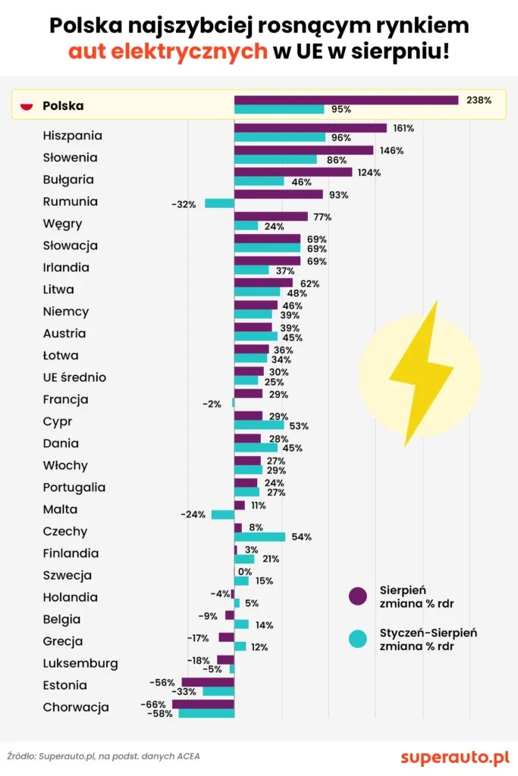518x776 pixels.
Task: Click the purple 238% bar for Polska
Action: click(346, 100)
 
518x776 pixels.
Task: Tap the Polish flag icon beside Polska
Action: click(27, 106)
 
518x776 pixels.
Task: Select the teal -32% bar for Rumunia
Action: click(219, 203)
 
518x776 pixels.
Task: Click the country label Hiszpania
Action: click(72, 136)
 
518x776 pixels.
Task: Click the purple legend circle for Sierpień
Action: click(357, 596)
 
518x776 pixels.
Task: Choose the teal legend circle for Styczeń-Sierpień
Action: click(357, 639)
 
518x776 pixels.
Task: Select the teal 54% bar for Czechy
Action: click(259, 537)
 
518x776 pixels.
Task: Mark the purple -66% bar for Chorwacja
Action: click(203, 704)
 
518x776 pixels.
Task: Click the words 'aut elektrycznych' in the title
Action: click(168, 51)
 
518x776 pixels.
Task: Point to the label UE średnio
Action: click(74, 377)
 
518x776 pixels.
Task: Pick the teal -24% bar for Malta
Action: click(222, 515)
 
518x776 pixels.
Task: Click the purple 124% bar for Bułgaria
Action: click(293, 172)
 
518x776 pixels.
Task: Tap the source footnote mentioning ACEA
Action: click(104, 756)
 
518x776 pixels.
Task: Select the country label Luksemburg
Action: click(80, 663)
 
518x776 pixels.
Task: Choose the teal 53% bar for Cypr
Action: click(259, 426)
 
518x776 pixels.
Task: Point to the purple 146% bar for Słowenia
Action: click(303, 150)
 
